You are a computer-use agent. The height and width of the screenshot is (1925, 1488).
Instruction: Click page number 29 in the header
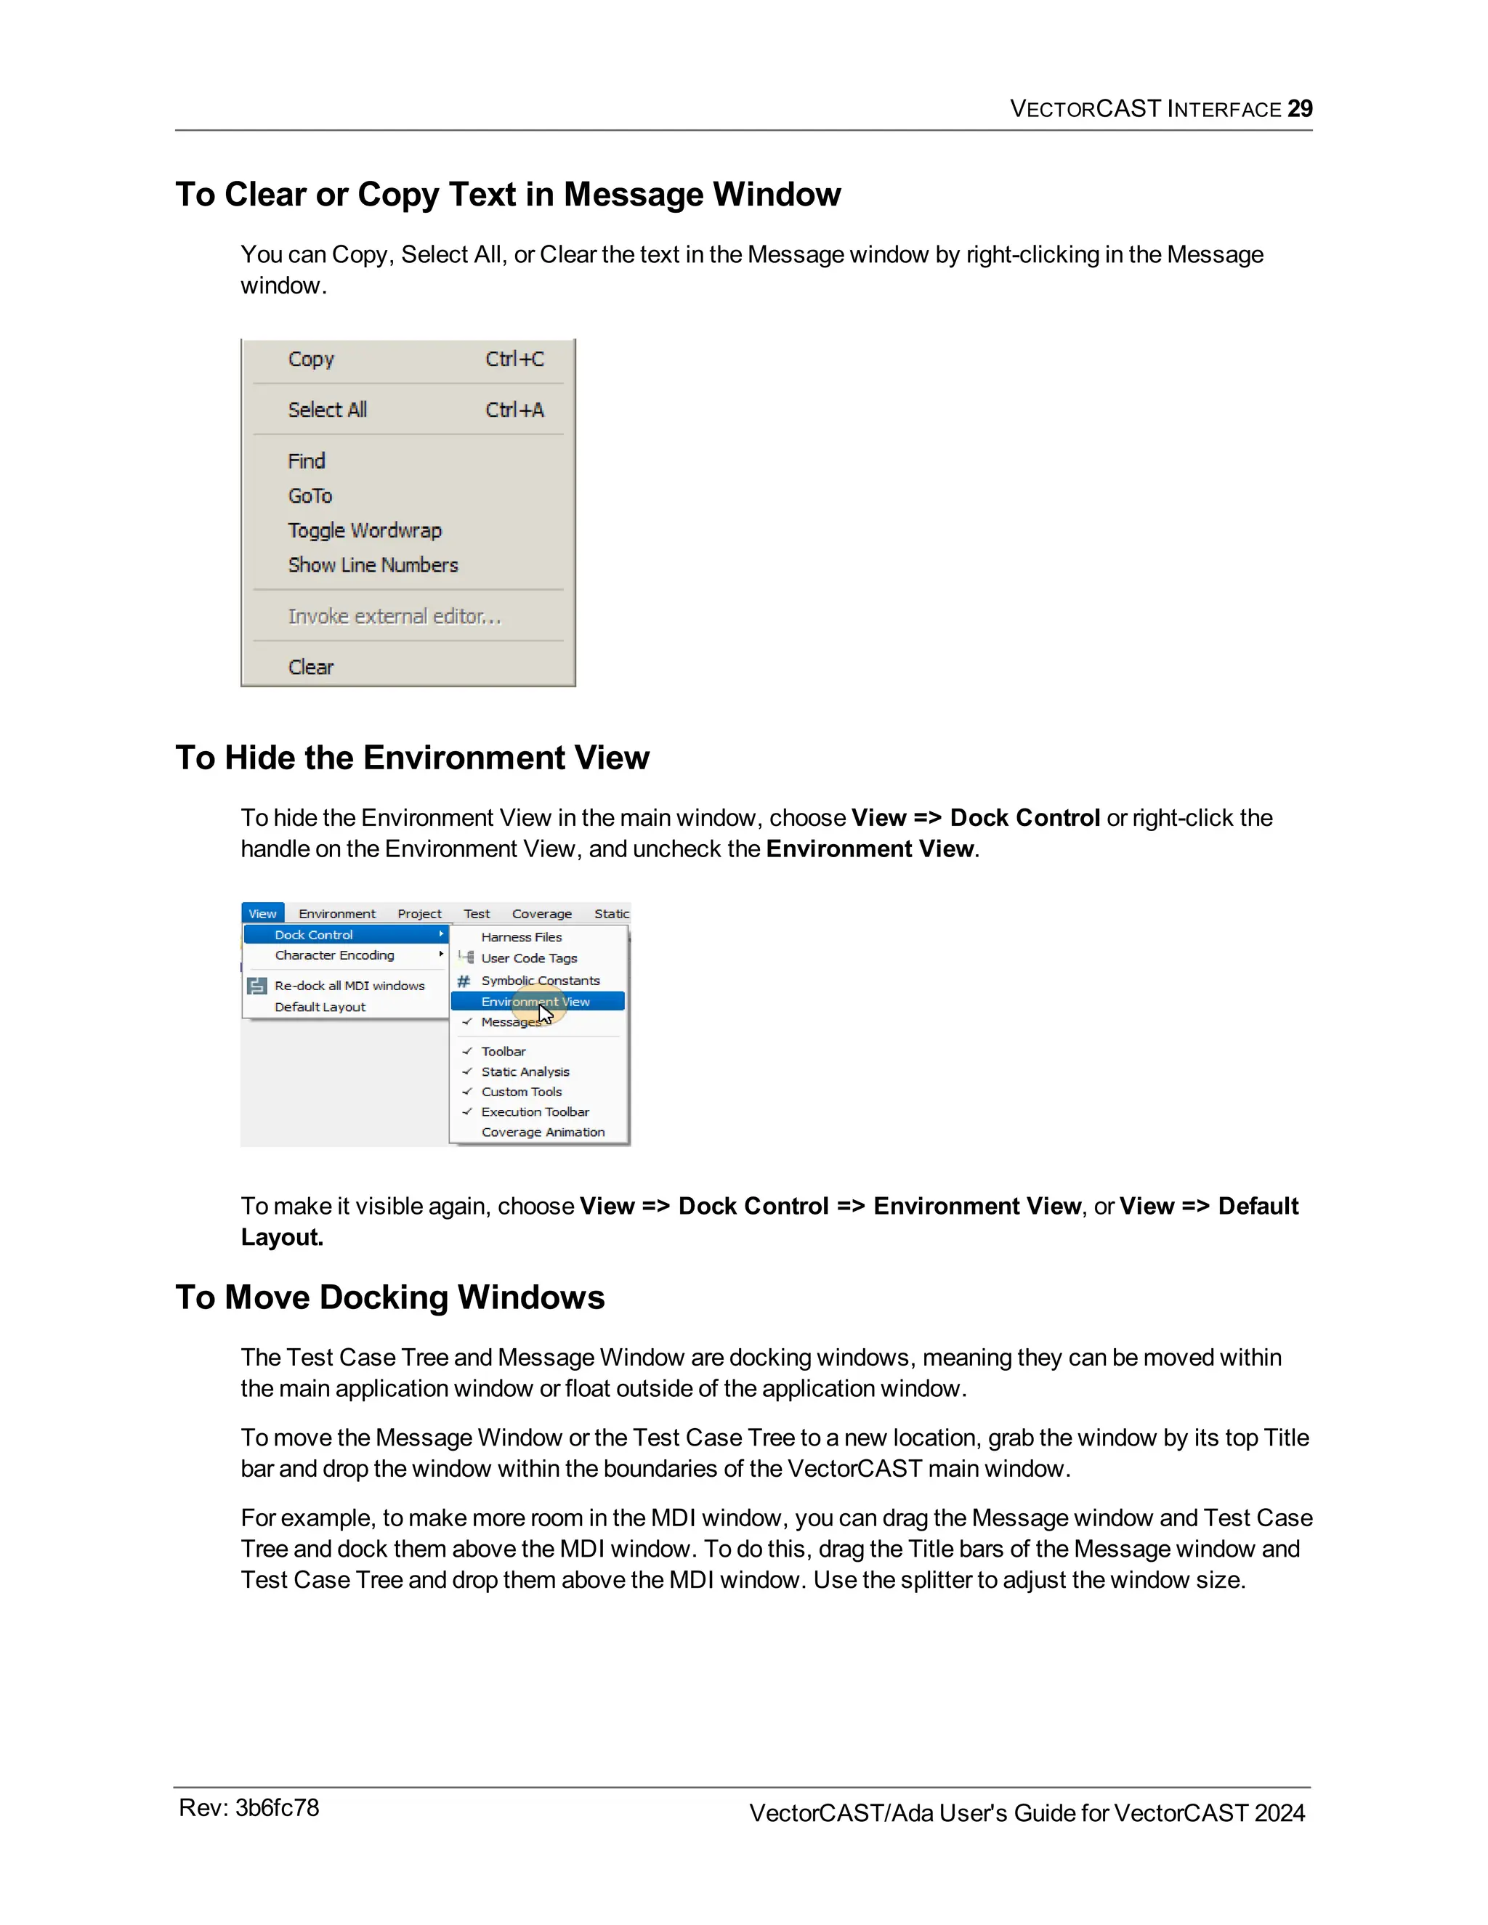[x=1299, y=108]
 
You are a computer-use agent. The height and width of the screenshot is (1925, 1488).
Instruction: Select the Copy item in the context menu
[x=311, y=359]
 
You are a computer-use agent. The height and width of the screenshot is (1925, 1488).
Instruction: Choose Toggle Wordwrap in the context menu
[x=364, y=530]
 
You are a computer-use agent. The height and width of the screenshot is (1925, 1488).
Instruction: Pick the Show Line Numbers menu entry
[x=373, y=565]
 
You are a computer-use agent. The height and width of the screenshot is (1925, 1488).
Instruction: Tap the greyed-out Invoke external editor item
[x=394, y=616]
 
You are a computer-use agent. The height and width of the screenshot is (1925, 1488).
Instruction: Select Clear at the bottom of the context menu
[x=311, y=668]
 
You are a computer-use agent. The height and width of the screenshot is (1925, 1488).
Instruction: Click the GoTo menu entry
[x=310, y=496]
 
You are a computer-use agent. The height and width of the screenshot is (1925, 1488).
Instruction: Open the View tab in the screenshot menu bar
[x=262, y=914]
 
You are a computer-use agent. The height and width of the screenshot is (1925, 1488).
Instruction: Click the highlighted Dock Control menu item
[x=314, y=934]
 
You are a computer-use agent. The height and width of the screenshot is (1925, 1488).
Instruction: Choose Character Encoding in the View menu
[x=334, y=955]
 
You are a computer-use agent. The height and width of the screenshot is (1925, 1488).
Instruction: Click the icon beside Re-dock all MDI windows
[x=256, y=986]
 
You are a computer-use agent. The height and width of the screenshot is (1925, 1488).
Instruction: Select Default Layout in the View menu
[x=320, y=1007]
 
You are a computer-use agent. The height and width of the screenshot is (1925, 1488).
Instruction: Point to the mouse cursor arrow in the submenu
[x=546, y=1015]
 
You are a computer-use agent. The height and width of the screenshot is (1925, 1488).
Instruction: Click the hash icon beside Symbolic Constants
[x=464, y=980]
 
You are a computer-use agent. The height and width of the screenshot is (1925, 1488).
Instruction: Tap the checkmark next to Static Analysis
[x=467, y=1071]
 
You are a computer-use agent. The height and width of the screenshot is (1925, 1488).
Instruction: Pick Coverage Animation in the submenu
[x=543, y=1132]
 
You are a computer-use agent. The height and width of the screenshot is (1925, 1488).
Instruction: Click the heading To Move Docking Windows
[x=389, y=1297]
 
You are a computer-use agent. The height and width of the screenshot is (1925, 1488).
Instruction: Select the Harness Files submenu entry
[x=521, y=937]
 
